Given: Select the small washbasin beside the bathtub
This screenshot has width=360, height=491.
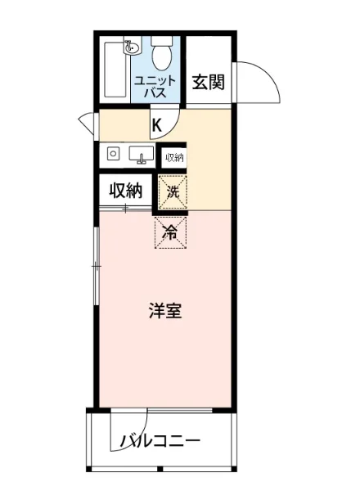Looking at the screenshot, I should [128, 47].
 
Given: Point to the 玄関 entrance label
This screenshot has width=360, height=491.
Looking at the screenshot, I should [209, 82].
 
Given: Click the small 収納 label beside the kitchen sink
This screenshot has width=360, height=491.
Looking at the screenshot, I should [173, 157].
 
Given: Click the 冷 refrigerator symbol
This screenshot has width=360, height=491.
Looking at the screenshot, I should [171, 232].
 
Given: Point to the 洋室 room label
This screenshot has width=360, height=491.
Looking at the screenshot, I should [164, 312].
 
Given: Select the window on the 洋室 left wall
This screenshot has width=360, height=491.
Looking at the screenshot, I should [97, 266].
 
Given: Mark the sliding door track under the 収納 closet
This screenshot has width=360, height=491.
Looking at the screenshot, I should [125, 209].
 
